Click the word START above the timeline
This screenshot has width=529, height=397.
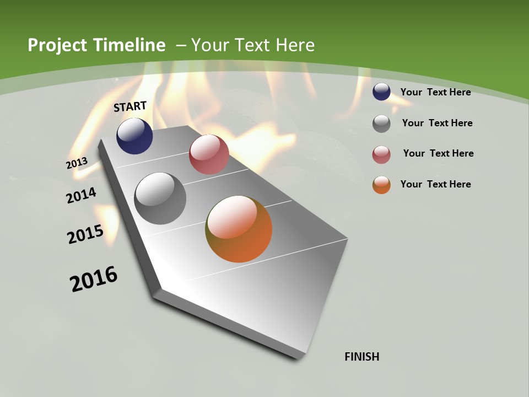pos(130,106)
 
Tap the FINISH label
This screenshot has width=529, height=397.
pos(361,357)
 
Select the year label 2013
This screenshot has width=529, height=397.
pos(77,163)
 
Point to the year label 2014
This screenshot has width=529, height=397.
pos(82,196)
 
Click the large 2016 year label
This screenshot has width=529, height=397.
pos(94,279)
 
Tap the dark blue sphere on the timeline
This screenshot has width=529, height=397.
pos(134,136)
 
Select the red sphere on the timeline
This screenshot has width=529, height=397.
pos(209,154)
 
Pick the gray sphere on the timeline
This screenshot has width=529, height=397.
pos(160,198)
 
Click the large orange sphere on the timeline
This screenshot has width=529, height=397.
pos(239,229)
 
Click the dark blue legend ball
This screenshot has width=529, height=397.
pos(381,92)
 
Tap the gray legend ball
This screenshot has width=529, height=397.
pos(381,124)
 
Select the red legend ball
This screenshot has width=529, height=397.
pos(381,154)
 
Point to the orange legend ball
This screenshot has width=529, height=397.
pos(381,185)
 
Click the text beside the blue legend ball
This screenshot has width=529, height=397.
pos(435,92)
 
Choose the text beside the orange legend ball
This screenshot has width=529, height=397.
pos(435,184)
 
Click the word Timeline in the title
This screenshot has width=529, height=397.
pos(129,45)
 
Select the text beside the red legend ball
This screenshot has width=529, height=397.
pos(438,153)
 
